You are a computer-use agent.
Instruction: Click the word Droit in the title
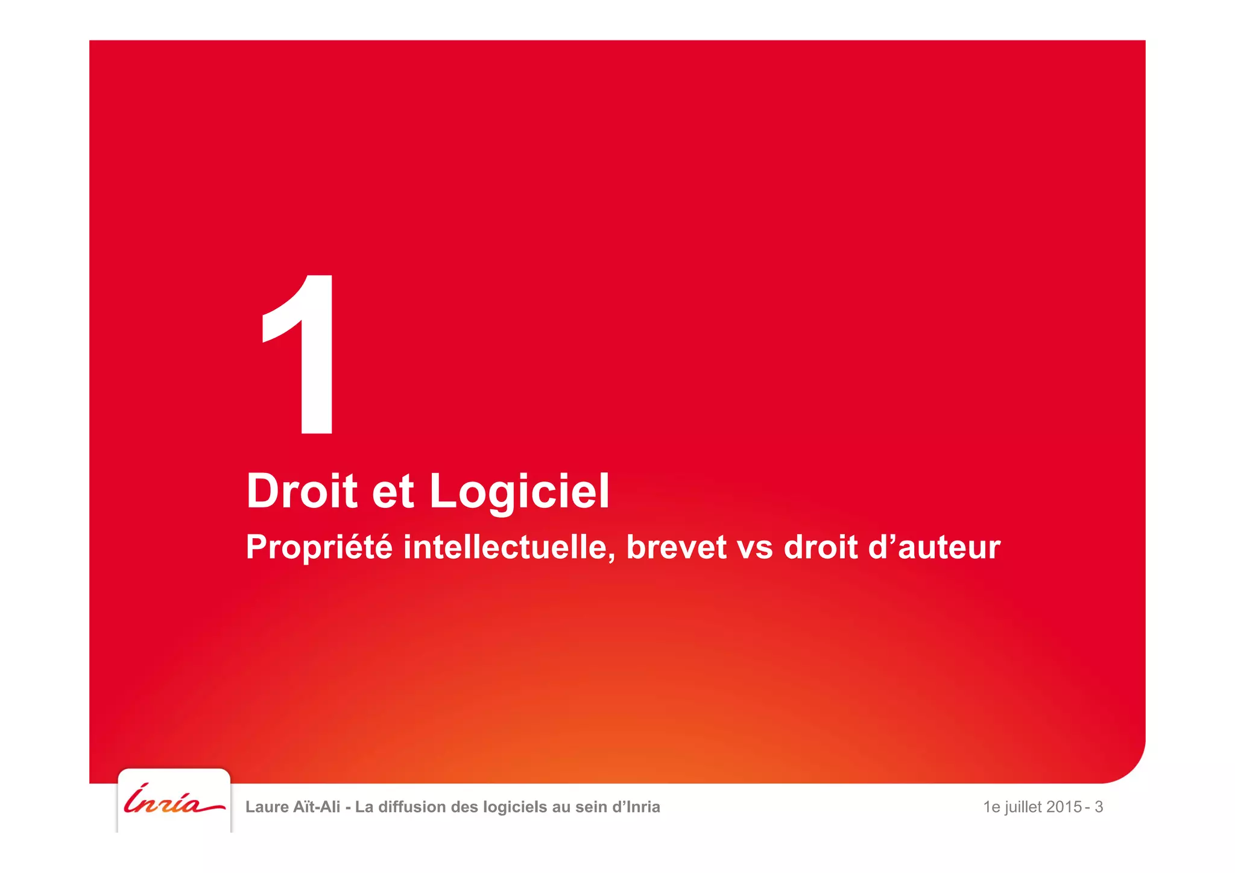point(302,491)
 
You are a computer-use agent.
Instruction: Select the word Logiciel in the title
point(519,491)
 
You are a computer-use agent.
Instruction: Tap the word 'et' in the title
point(393,492)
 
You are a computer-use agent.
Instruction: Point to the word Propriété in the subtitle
point(319,548)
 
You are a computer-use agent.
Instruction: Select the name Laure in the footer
point(267,807)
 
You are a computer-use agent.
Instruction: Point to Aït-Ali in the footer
point(317,807)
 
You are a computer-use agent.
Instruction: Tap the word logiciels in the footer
point(516,807)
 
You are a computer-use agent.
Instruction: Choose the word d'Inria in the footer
point(636,807)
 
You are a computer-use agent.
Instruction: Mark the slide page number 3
point(1099,807)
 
